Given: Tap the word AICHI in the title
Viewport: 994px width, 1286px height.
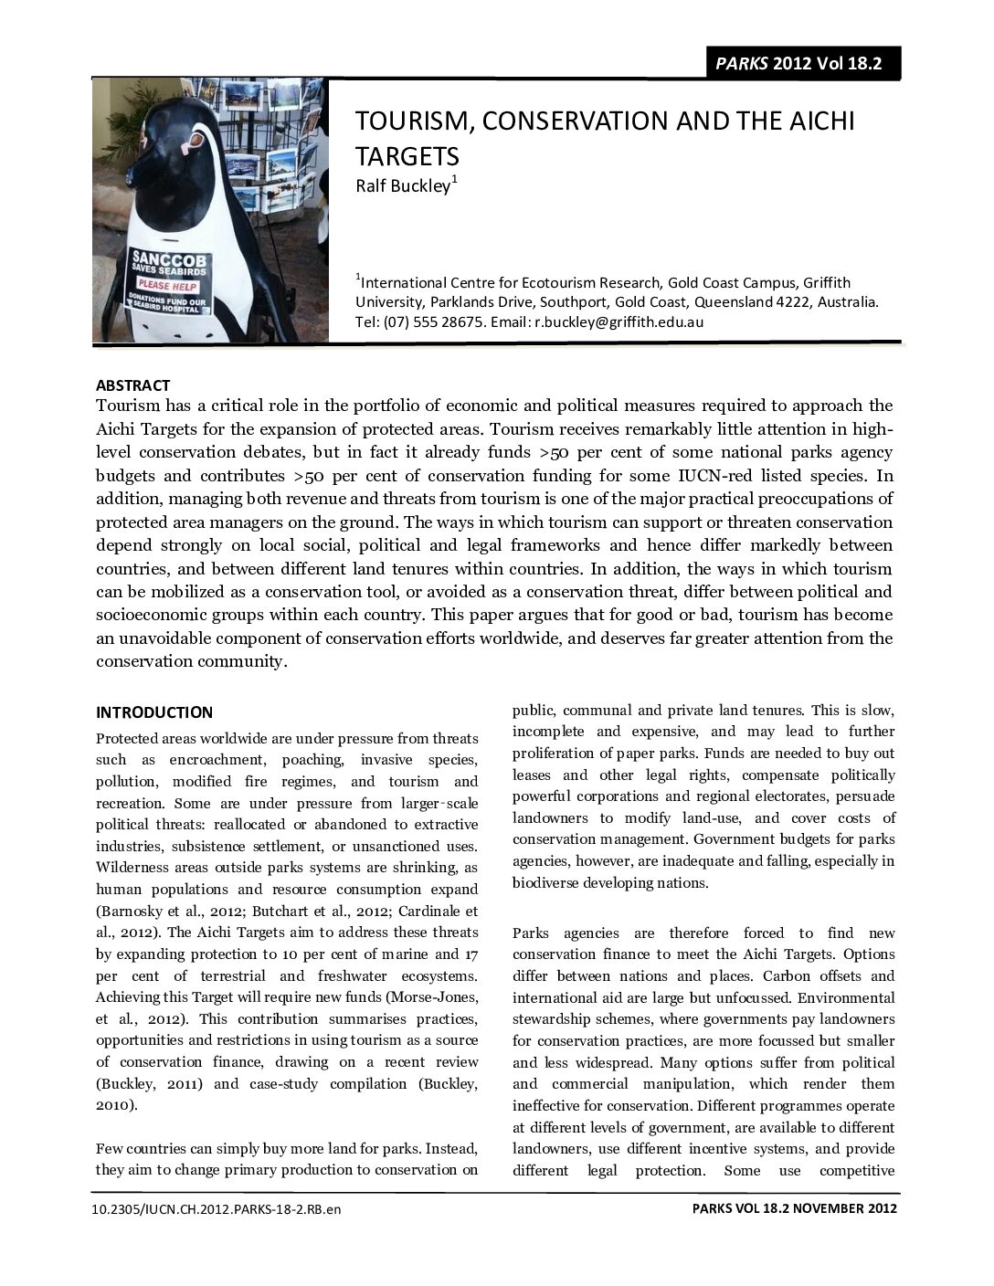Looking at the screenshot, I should (x=817, y=121).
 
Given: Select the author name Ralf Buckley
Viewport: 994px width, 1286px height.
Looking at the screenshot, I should (x=402, y=186).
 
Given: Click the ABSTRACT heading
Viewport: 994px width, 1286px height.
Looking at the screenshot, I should (x=132, y=385).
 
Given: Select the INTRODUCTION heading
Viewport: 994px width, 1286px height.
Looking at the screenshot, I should (x=154, y=712).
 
